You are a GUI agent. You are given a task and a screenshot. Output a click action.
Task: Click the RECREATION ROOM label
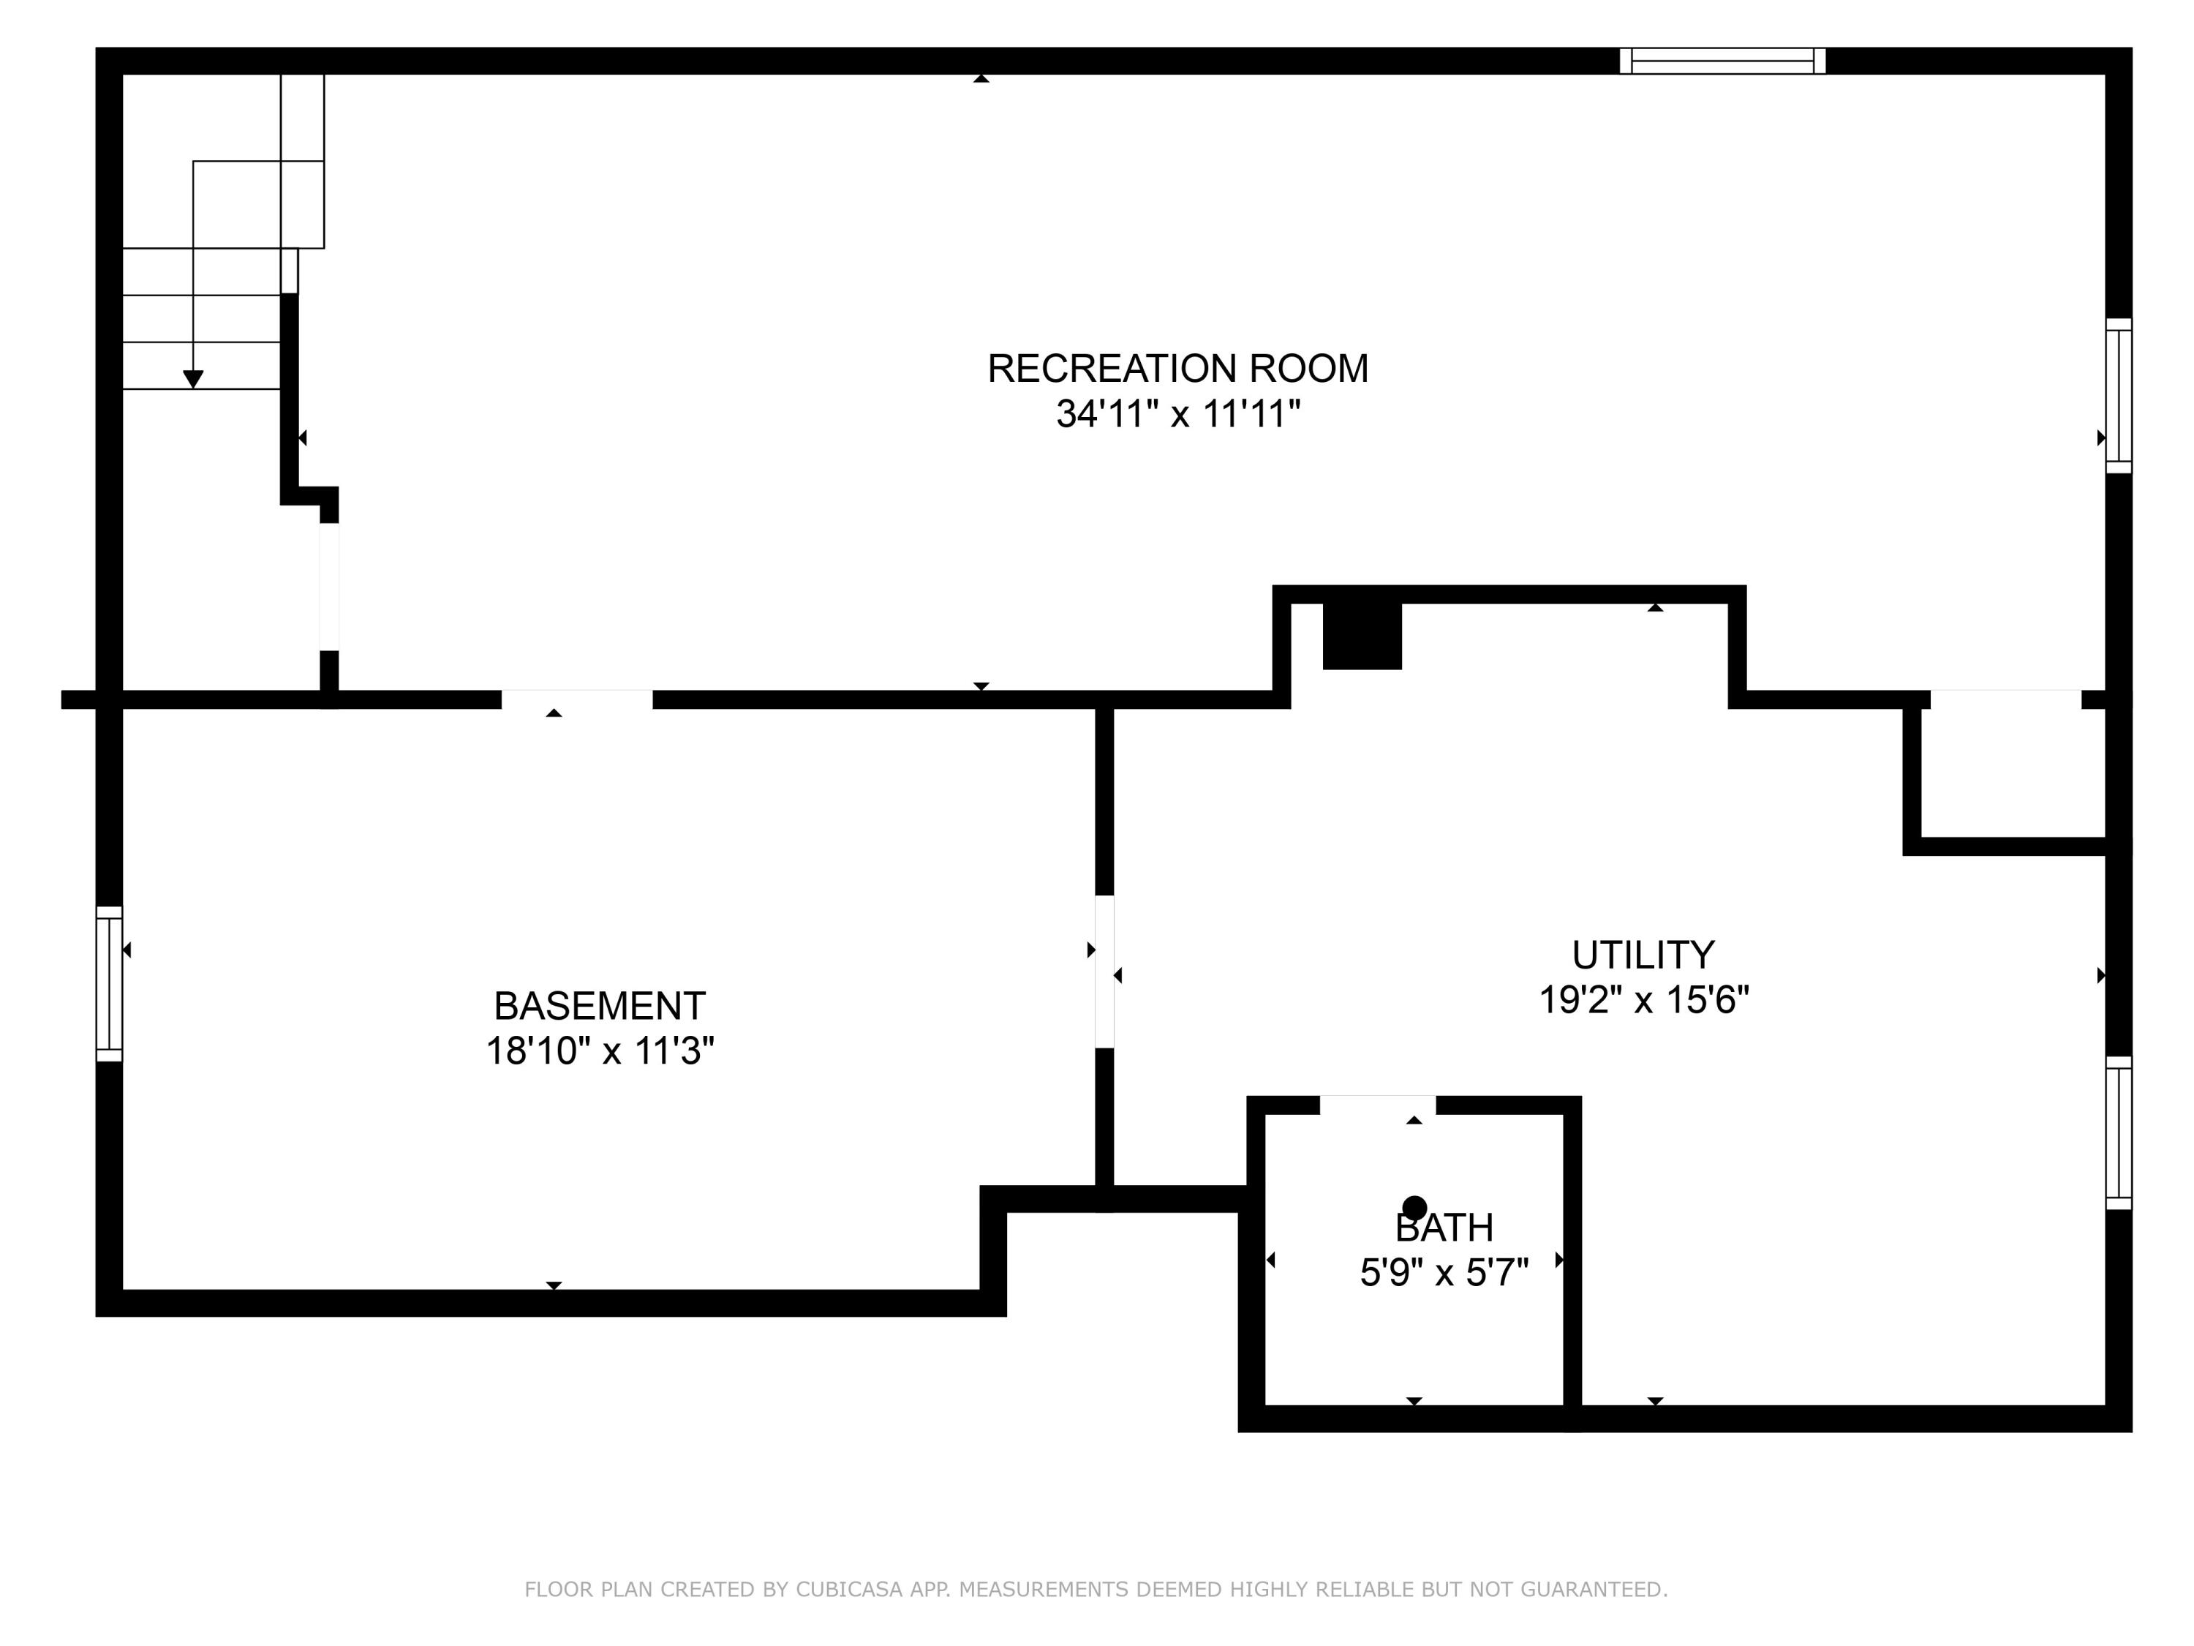1177,368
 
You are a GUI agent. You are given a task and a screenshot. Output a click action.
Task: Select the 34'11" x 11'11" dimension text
1177,414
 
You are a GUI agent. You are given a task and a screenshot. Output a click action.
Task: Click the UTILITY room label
1643,955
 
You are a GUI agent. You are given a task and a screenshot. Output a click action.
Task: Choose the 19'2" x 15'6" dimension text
1643,999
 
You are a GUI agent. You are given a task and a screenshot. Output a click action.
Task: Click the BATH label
1444,1228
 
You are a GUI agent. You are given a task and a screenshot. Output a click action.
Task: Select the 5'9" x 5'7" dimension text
1444,1272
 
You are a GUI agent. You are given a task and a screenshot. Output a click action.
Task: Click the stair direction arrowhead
193,379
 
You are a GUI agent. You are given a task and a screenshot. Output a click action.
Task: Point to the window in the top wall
1723,61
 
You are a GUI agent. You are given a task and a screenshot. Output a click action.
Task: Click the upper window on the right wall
2119,396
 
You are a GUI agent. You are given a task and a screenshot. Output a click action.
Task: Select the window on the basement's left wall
109,983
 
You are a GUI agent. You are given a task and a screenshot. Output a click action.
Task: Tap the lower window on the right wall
2119,1133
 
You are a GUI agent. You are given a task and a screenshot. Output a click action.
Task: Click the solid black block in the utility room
1362,635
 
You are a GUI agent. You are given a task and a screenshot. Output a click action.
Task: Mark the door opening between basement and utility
1104,972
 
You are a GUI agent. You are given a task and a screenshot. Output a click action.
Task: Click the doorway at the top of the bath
1378,1105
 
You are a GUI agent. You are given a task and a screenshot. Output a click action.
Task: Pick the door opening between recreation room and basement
577,699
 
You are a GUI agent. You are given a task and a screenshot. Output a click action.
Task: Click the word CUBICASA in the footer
849,1590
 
